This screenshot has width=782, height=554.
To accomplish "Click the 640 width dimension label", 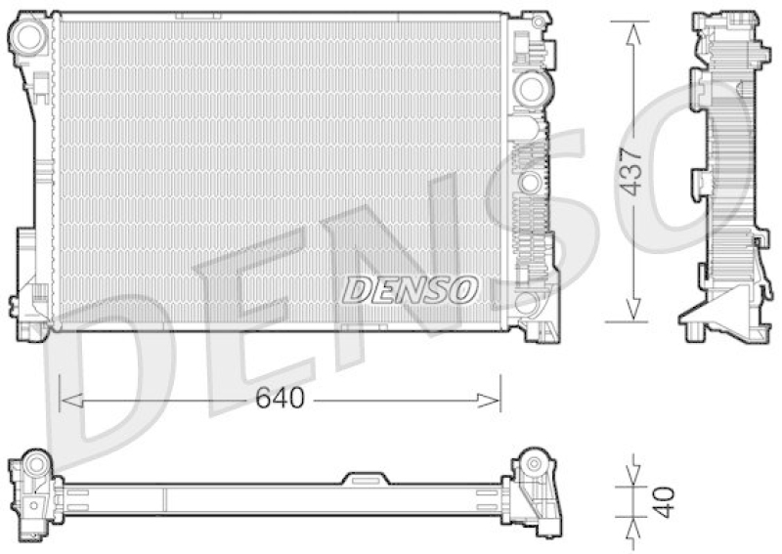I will (x=280, y=399).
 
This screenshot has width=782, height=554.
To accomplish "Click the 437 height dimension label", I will (x=633, y=172).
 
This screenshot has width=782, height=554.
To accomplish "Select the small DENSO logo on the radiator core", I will (x=410, y=288).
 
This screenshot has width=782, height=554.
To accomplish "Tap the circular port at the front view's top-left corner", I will (x=29, y=38).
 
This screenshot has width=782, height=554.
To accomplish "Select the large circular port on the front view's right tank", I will (x=529, y=88).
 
